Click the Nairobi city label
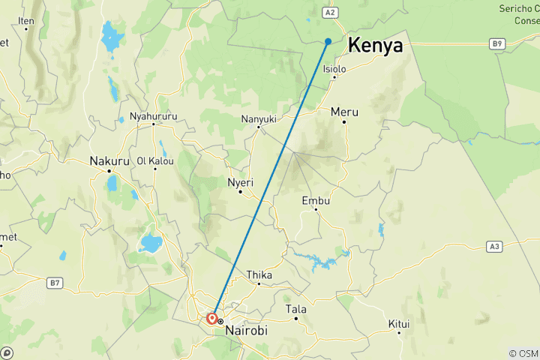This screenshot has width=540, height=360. [x=245, y=329]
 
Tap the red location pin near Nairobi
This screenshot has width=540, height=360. [x=212, y=319]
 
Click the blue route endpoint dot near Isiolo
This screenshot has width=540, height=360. [x=328, y=41]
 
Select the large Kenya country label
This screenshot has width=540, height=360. [x=375, y=45]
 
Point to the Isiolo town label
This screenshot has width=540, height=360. [x=334, y=69]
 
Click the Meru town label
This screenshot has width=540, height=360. [x=344, y=112]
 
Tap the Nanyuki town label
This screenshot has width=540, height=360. [x=259, y=118]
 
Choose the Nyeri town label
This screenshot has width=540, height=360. [x=240, y=182]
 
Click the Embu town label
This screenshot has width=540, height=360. [x=315, y=200]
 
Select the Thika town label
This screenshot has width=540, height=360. [x=259, y=274]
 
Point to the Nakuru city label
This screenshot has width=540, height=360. [x=109, y=160]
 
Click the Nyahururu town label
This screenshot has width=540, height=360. [x=153, y=116]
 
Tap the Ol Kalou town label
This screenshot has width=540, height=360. [x=155, y=160]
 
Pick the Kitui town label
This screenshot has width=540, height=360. [x=399, y=323]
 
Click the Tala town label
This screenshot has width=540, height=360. [x=295, y=309]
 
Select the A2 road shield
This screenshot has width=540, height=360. [x=328, y=12]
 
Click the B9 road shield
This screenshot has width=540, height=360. [x=496, y=44]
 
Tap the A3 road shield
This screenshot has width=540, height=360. [x=493, y=245]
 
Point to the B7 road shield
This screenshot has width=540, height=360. [x=54, y=283]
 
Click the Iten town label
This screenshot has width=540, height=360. [x=26, y=21]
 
